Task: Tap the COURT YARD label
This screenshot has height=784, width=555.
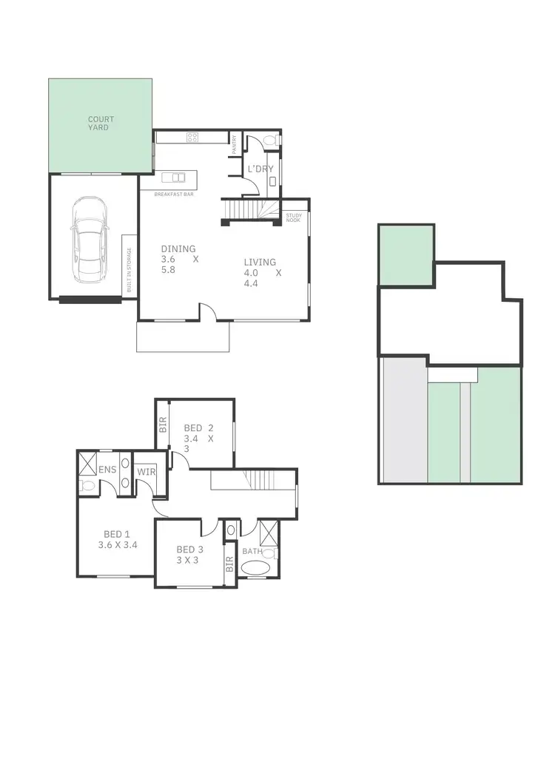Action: pos(101,123)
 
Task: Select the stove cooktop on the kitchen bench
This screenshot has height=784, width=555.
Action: pos(192,137)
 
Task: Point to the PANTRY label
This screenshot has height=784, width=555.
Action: pos(233,144)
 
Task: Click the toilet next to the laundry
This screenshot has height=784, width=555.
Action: pos(269,139)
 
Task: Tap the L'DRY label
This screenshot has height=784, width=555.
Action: pos(260,169)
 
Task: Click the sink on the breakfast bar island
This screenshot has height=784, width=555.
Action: pos(177,178)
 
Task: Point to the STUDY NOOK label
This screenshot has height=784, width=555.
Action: pos(294,217)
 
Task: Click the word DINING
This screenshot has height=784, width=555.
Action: pos(178,249)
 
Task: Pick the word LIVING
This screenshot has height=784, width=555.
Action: pos(260,262)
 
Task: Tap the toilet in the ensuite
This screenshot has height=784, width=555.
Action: pos(87,486)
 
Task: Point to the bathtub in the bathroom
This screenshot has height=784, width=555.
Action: pos(257,569)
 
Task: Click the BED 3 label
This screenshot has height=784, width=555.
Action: pos(190,549)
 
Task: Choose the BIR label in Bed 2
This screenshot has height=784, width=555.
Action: pos(164,425)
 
